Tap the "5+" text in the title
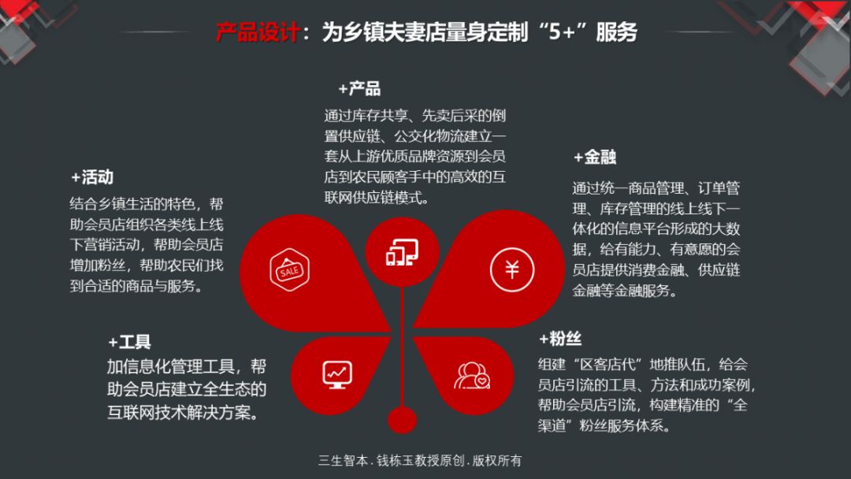tap(561, 32)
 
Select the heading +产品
tap(359, 89)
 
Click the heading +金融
tap(595, 158)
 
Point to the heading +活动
tap(92, 177)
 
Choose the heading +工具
tap(129, 342)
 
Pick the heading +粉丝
tap(560, 339)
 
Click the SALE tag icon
tap(289, 269)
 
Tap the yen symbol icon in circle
tap(512, 269)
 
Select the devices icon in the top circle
tap(402, 252)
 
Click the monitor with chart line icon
tap(337, 374)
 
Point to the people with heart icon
tap(472, 375)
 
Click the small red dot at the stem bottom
tap(402, 421)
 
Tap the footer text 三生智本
tap(343, 461)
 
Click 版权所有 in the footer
tap(497, 461)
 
